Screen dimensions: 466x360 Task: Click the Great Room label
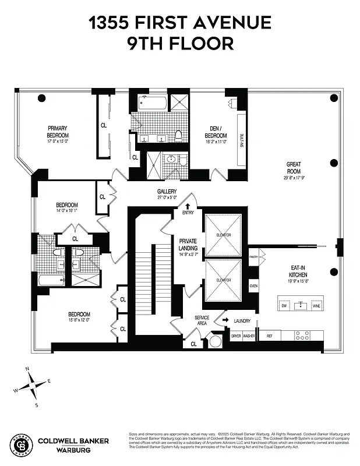(293, 167)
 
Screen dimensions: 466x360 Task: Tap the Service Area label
(202, 320)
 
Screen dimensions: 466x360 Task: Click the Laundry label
(242, 321)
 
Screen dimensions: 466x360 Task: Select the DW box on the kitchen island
(284, 305)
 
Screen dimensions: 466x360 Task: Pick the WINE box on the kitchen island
(316, 305)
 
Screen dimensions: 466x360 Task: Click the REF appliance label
(269, 336)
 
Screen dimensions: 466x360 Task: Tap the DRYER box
(236, 336)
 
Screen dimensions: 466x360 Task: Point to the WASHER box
(249, 336)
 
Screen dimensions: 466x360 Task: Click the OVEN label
(253, 286)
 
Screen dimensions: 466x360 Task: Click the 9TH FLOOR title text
(179, 43)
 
